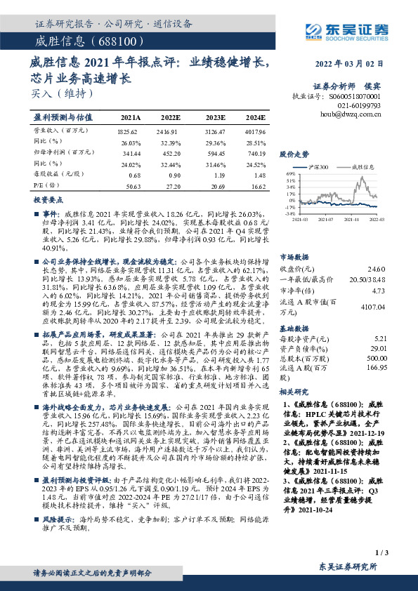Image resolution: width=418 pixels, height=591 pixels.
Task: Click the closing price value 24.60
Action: click(x=377, y=270)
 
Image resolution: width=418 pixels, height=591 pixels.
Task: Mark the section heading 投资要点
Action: click(x=49, y=199)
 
